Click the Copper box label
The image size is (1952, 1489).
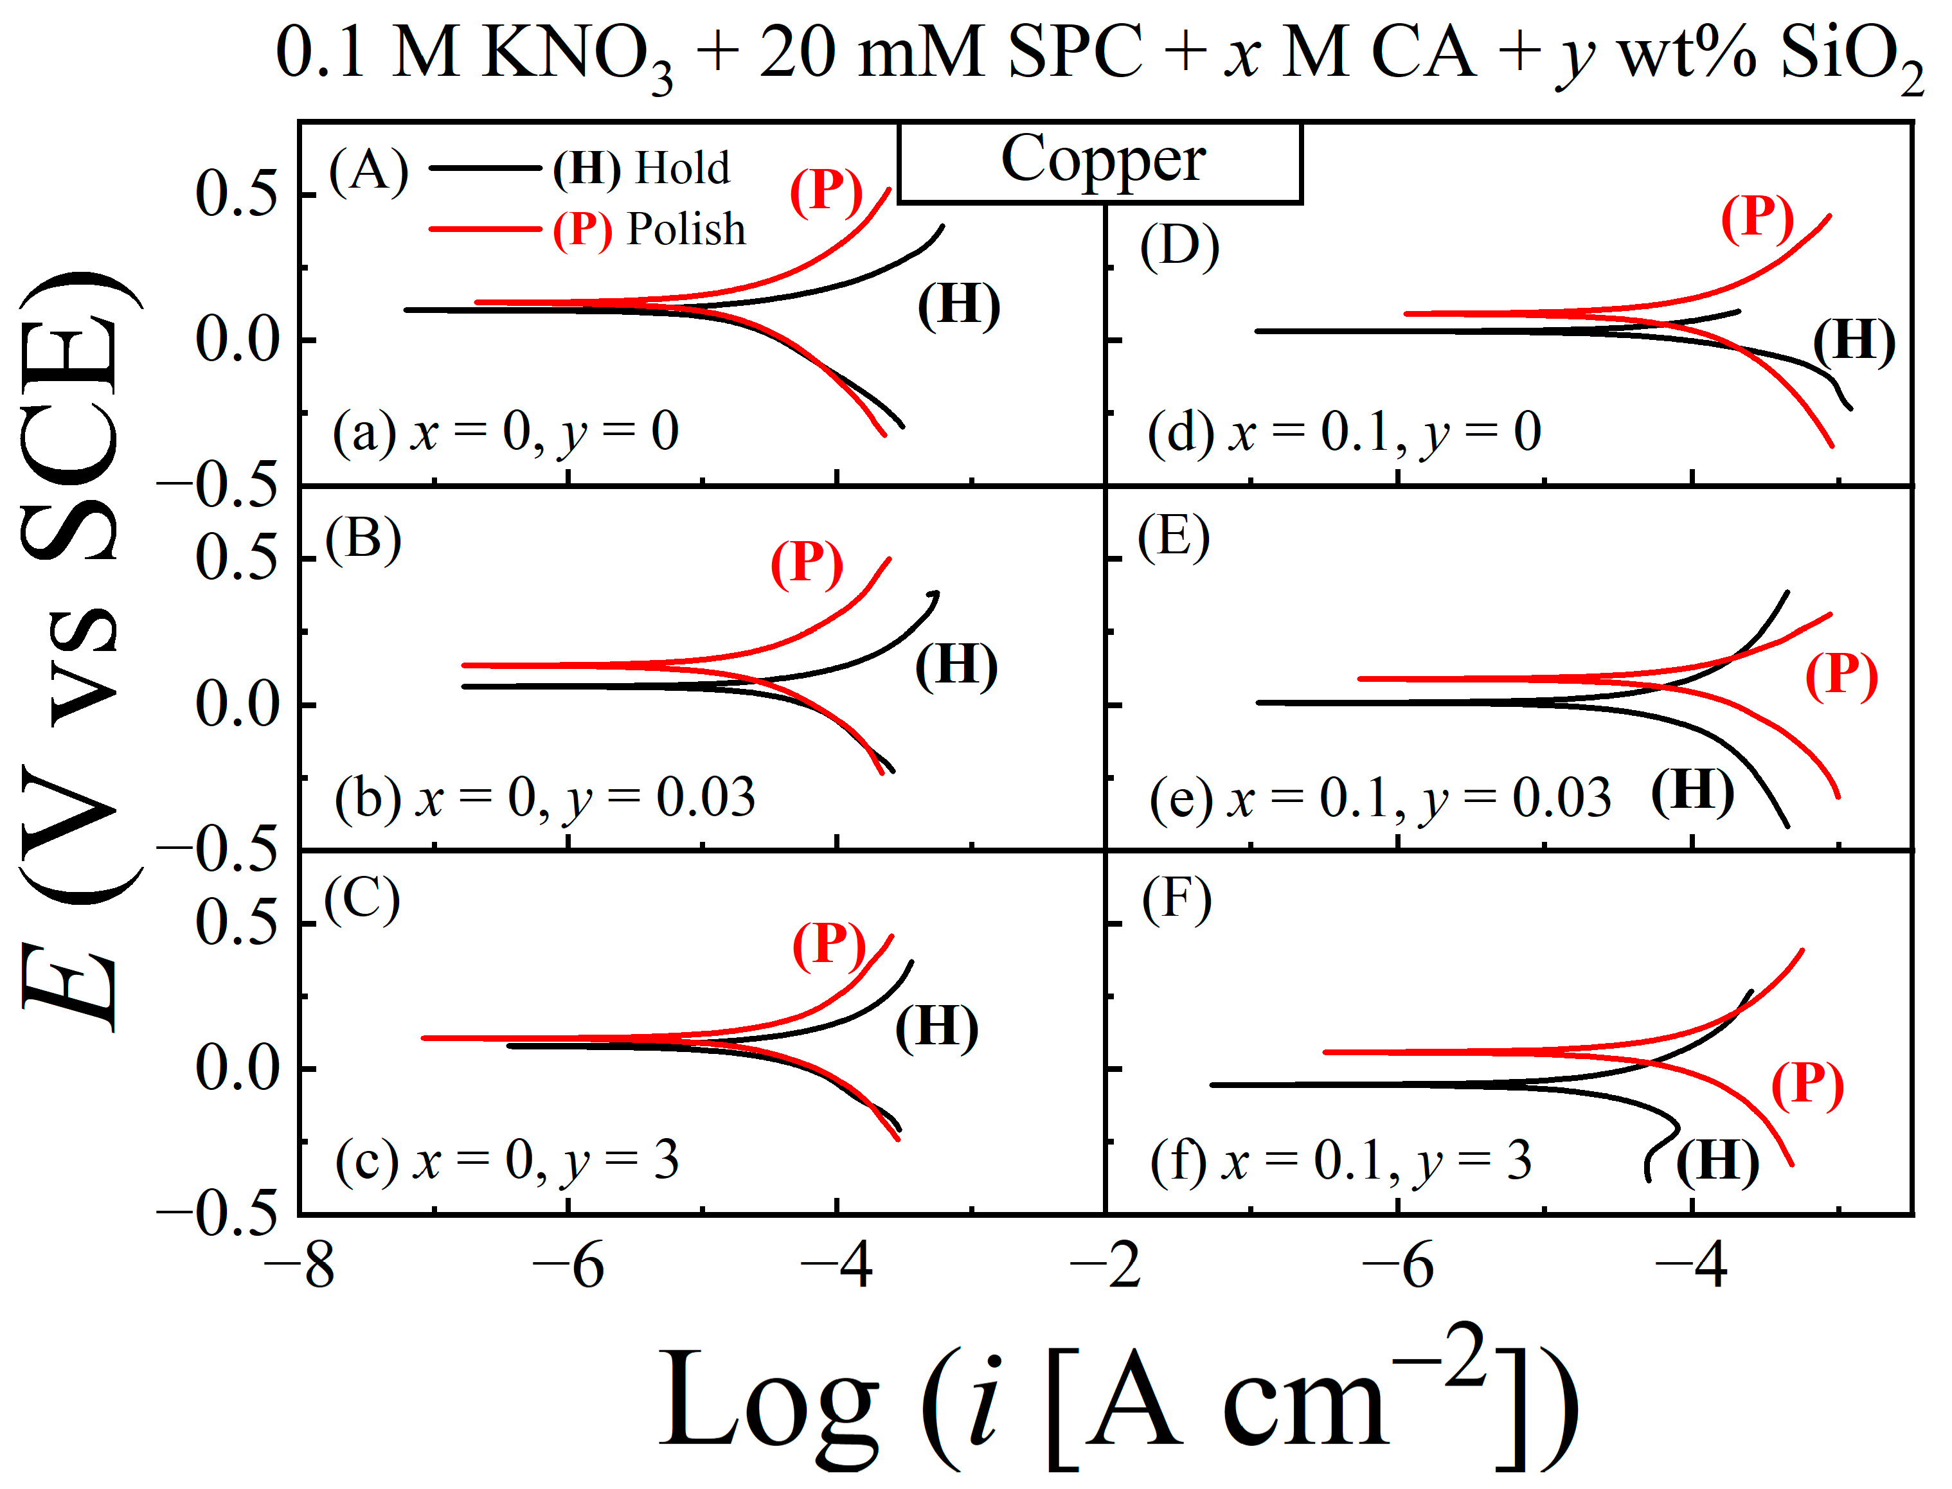[1102, 161]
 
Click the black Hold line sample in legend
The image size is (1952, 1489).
[484, 168]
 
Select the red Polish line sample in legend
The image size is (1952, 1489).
[484, 229]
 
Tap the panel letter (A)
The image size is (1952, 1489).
[368, 170]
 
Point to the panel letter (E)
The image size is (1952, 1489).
[1174, 538]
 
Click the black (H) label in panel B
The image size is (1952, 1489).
[956, 666]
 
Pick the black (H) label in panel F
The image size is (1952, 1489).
[1717, 1163]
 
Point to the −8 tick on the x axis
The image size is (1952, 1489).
[300, 1265]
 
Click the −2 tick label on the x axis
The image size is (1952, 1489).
[1106, 1265]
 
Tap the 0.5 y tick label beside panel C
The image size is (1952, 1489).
[236, 924]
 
